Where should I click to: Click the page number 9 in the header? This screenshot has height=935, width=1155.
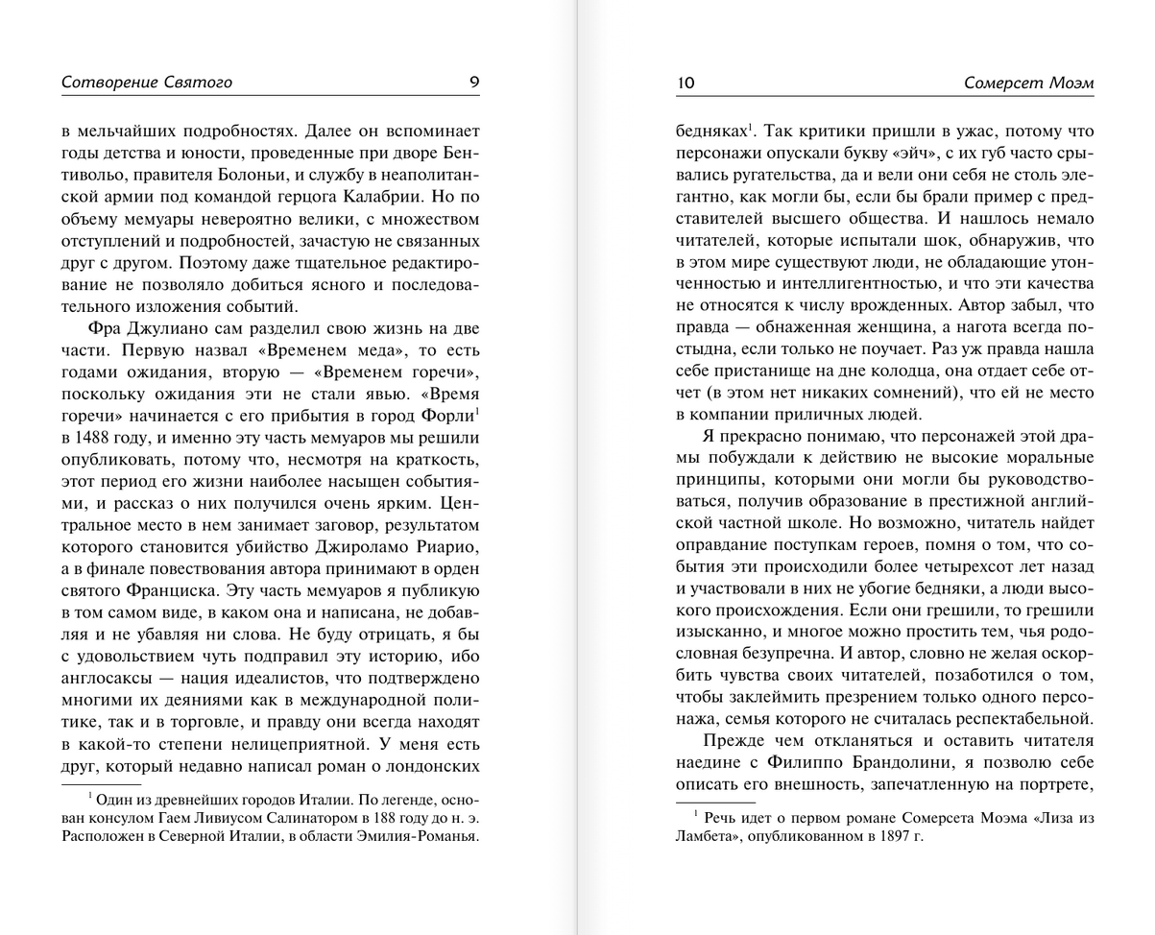473,83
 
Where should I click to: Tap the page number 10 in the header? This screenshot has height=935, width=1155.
686,84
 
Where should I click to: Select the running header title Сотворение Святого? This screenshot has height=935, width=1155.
147,83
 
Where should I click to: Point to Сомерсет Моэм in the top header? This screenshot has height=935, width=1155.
1029,84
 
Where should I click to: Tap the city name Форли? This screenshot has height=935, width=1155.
447,417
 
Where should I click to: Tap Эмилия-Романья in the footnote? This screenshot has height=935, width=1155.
419,835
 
